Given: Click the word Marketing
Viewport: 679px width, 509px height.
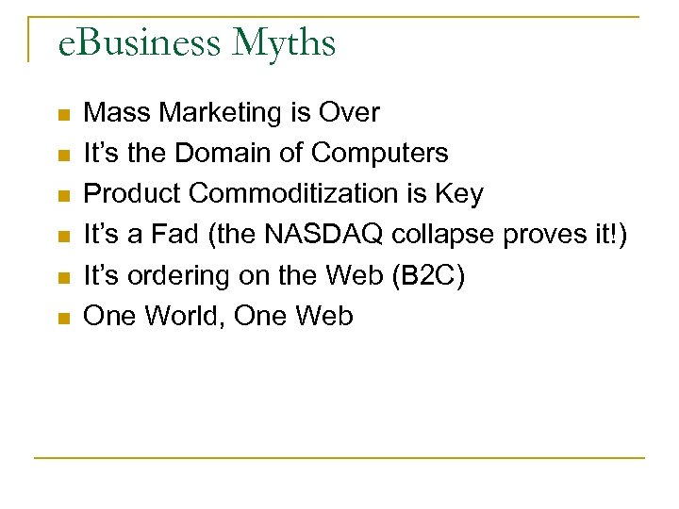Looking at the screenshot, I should pos(221,113).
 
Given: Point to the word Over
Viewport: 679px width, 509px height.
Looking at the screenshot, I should pos(349,113).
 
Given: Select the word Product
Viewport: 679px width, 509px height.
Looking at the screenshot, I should pos(133,194).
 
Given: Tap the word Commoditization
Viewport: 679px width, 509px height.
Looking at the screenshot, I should pos(298,194).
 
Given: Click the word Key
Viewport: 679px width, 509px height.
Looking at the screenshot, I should pos(459,194).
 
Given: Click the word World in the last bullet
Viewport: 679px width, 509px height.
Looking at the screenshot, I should pos(181,317).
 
